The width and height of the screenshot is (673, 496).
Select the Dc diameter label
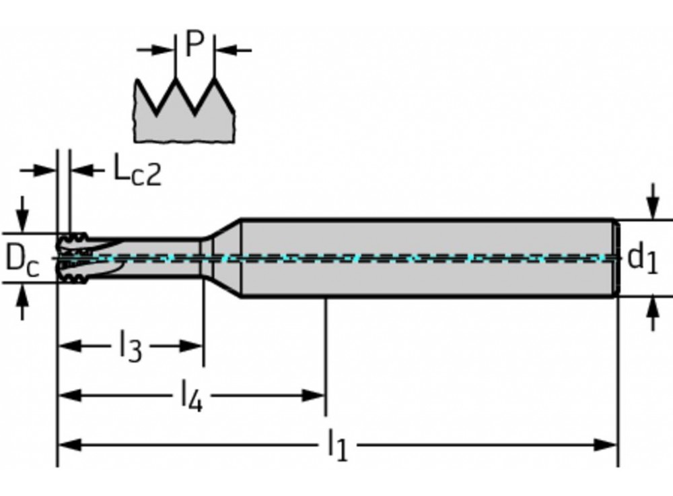point(22,258)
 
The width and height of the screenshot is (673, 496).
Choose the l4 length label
point(192,397)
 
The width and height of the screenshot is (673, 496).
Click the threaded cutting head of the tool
point(73,258)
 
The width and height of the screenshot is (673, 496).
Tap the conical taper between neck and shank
point(222,257)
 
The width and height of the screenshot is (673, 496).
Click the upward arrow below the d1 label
point(652,314)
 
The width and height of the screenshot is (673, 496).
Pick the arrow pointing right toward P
point(159,50)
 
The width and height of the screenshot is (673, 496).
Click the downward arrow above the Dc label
point(22,214)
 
